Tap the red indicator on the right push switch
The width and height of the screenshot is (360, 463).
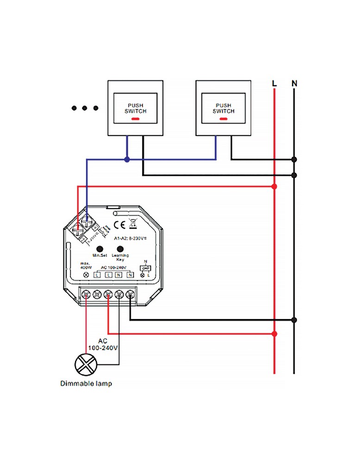tap(223, 119)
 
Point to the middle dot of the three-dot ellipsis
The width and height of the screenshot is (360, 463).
tap(85, 108)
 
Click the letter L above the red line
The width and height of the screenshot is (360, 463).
tap(274, 84)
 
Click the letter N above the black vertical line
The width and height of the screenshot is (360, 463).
tap(294, 84)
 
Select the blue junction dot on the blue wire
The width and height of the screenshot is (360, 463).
tap(127, 159)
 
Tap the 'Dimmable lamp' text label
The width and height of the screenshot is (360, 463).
tap(86, 384)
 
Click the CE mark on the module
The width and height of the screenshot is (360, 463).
tap(118, 225)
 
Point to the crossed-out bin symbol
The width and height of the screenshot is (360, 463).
tap(131, 225)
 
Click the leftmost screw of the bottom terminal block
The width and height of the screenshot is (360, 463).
tap(86, 294)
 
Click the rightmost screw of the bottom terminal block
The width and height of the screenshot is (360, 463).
tap(130, 294)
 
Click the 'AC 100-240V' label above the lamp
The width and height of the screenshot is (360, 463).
tap(102, 343)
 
